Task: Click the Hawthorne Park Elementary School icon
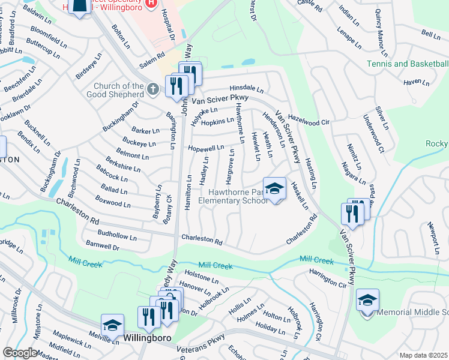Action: [274, 188]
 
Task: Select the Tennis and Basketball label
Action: [408, 64]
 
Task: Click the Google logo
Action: [20, 353]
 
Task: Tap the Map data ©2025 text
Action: [423, 355]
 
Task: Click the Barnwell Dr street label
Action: [103, 245]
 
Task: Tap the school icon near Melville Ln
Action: [112, 325]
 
